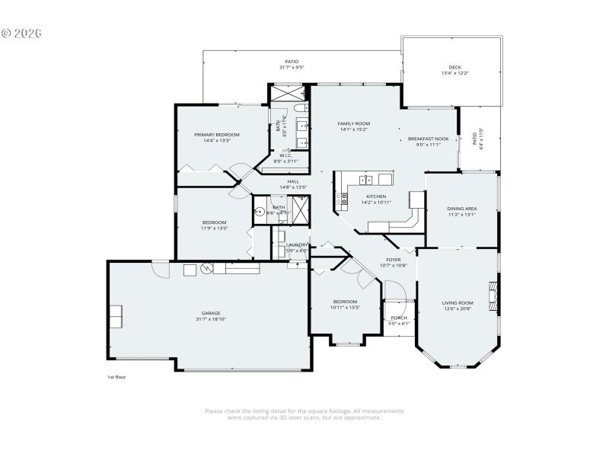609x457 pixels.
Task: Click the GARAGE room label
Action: [x=211, y=313]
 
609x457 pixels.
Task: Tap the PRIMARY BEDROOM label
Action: [x=216, y=134]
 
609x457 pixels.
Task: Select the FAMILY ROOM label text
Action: [x=354, y=123]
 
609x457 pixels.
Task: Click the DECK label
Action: [x=455, y=68]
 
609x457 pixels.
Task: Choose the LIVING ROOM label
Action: [x=458, y=303]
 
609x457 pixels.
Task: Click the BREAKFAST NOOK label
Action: [x=428, y=139]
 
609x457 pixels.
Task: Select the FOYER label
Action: [x=393, y=260]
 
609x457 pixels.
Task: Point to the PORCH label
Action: [x=399, y=318]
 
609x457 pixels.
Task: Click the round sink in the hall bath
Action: [x=259, y=213]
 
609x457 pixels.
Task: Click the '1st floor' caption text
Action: [x=116, y=377]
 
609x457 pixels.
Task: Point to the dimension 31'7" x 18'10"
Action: [x=211, y=319]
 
